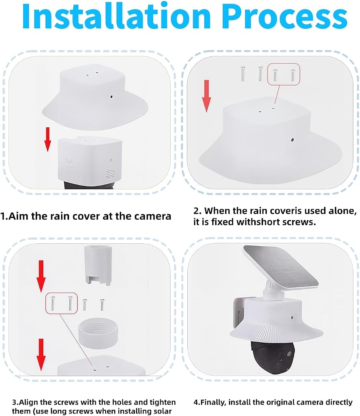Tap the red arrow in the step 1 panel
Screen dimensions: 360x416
tap(47, 139)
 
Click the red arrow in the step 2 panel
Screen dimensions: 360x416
tap(206, 96)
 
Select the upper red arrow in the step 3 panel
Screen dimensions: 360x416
tap(41, 276)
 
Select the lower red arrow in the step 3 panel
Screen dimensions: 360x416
tap(41, 354)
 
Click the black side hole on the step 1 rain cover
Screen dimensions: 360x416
tap(112, 97)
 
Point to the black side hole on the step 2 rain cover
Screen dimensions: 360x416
tap(292, 139)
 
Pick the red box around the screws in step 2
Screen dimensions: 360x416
tap(283, 74)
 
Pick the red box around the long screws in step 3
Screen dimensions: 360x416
tap(61, 303)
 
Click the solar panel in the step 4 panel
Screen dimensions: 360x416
tap(281, 267)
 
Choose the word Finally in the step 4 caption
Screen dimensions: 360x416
tap(213, 402)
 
